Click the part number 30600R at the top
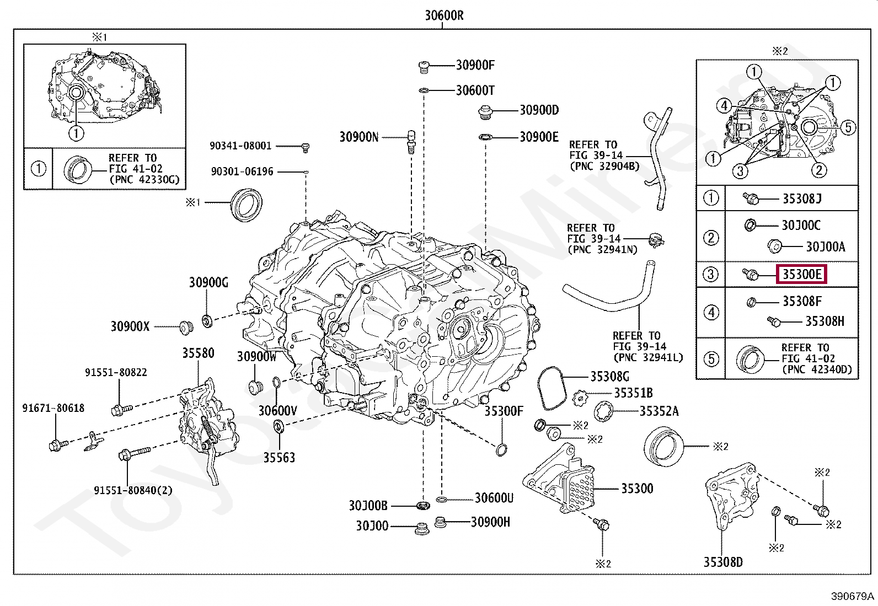coord(443,15)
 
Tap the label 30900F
coord(475,65)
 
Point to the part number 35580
coord(198,353)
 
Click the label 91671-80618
coord(53,408)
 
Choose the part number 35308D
coord(722,562)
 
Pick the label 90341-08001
coord(240,146)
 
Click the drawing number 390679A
coord(853,597)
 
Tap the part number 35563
coord(279,457)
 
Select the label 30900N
coord(358,137)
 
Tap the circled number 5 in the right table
coord(711,359)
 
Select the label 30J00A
coord(825,246)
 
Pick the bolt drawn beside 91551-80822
coord(121,409)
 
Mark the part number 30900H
coord(490,522)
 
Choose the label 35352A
coord(659,411)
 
